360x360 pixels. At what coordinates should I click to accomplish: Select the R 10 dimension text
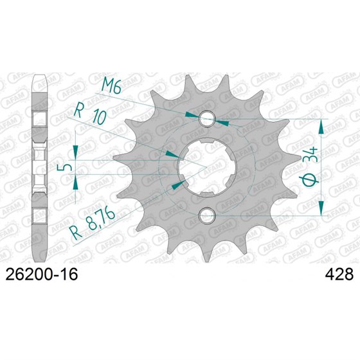coord(90,115)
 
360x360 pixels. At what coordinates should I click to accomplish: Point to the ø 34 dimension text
coord(310,166)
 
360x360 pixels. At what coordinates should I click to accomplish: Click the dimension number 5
coord(64,167)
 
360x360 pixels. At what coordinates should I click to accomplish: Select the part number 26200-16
coord(42,274)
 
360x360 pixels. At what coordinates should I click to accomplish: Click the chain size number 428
coord(339,274)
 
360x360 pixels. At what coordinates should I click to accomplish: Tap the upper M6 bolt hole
coord(207,119)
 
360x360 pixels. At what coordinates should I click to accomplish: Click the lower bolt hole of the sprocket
coord(207,215)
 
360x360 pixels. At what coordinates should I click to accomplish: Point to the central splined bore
coord(207,167)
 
